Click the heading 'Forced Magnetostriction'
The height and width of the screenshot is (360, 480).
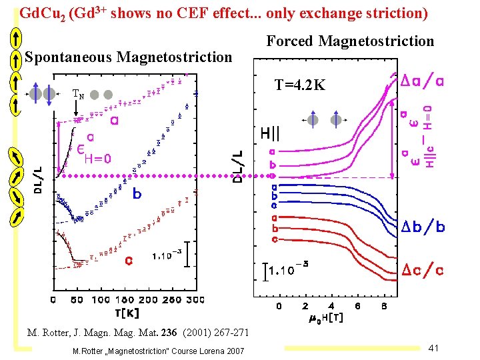(x=350, y=41)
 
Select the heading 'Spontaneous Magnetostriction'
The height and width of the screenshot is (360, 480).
(x=128, y=57)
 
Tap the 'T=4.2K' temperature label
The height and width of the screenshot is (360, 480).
(x=300, y=85)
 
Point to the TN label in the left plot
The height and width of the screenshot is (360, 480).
(x=78, y=95)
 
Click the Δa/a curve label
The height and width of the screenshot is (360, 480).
(x=423, y=81)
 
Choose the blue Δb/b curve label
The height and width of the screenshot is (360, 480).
(x=423, y=227)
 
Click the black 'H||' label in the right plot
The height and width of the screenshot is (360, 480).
(x=270, y=133)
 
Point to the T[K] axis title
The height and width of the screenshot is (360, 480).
(x=126, y=311)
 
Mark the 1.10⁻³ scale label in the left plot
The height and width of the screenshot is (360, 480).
(x=166, y=255)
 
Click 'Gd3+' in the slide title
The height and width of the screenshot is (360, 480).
(x=93, y=13)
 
